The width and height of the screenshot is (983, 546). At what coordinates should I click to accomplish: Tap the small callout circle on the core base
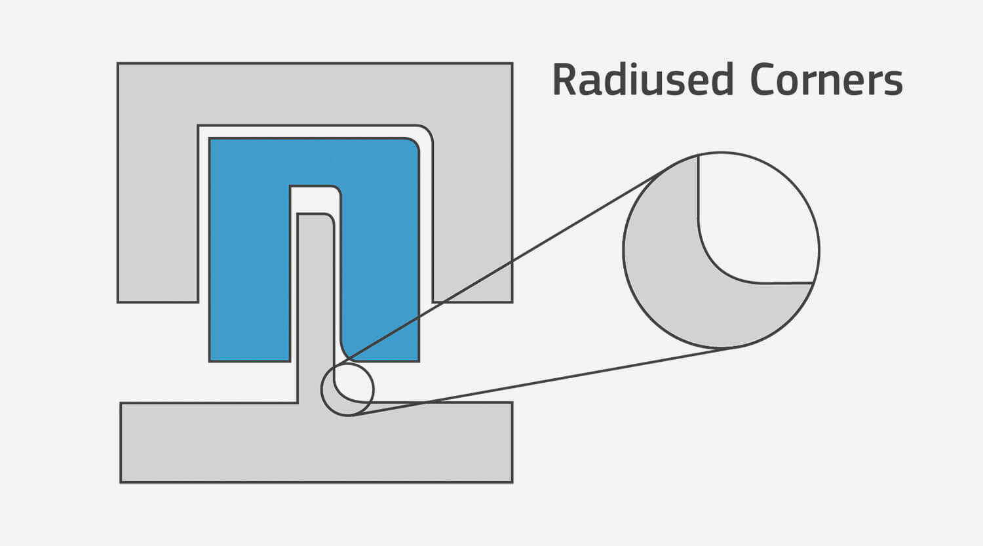click(347, 390)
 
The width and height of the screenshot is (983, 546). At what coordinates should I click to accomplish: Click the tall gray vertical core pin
click(316, 308)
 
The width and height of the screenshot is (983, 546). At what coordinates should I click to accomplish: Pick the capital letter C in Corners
click(763, 80)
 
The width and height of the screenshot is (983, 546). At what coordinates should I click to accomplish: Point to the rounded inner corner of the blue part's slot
click(337, 191)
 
